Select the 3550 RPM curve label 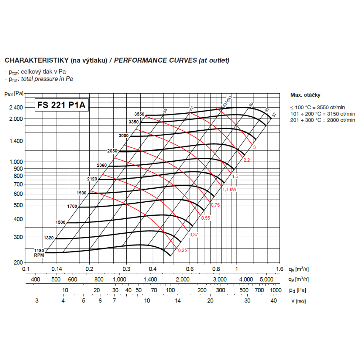[139, 114]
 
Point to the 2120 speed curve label [93, 179]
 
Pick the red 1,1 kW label [229, 189]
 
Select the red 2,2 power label [247, 160]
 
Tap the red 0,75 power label [215, 205]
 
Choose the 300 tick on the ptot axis [18, 237]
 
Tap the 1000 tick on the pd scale [275, 290]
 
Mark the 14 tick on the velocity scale [178, 301]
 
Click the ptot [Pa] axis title [14, 94]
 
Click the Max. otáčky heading [305, 95]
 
